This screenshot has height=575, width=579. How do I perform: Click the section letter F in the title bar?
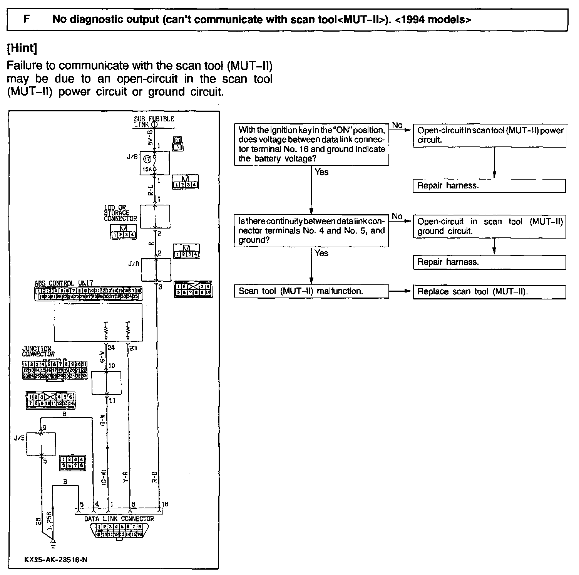click(x=27, y=19)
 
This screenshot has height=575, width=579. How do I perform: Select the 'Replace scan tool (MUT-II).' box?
click(x=489, y=292)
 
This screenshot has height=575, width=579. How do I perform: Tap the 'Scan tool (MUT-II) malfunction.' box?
click(x=311, y=291)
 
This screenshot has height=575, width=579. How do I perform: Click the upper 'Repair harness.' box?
click(x=489, y=186)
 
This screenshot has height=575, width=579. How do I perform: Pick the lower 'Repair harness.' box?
click(x=489, y=262)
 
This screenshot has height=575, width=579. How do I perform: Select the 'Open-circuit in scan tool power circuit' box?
click(x=490, y=135)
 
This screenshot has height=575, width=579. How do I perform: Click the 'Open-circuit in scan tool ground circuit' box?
click(x=490, y=226)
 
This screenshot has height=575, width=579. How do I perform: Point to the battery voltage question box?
click(x=311, y=145)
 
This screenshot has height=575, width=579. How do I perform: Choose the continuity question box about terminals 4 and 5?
click(x=311, y=230)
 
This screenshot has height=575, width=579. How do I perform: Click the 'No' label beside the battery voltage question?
click(x=397, y=125)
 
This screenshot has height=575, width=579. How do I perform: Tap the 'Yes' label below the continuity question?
click(x=321, y=253)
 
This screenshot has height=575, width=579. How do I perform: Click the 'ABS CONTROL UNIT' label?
click(x=64, y=283)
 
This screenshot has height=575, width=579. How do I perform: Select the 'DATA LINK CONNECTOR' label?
click(x=119, y=519)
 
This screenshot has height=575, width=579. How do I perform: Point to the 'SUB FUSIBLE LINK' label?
click(x=154, y=121)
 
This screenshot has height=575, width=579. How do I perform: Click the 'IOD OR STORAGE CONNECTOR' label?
click(x=120, y=213)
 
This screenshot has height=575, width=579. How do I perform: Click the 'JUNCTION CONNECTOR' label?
click(x=38, y=351)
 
